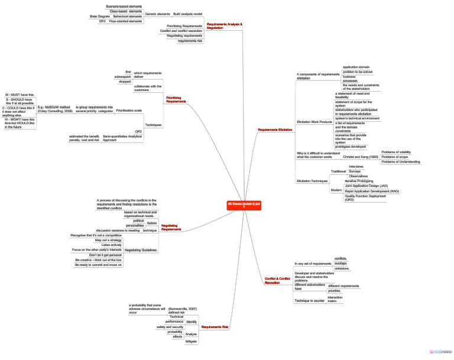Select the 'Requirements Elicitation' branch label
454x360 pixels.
pyautogui.click(x=275, y=129)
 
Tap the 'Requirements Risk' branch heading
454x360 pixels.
pyautogui.click(x=215, y=326)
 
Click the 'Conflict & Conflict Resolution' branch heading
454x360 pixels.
pyautogui.click(x=277, y=280)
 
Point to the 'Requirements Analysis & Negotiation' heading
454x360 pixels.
pyautogui.click(x=224, y=26)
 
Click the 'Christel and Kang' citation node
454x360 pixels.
pyautogui.click(x=360, y=157)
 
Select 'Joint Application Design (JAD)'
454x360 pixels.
pyautogui.click(x=366, y=186)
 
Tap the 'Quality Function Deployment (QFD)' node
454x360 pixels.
pyautogui.click(x=365, y=198)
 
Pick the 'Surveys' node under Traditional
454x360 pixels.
pyautogui.click(x=355, y=171)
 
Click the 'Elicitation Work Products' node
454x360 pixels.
pyautogui.click(x=314, y=121)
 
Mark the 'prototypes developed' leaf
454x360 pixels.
pyautogui.click(x=351, y=147)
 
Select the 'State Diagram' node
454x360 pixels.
pyautogui.click(x=99, y=16)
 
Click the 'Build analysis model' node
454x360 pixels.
pyautogui.click(x=187, y=13)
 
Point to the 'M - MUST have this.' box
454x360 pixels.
pyautogui.click(x=20, y=95)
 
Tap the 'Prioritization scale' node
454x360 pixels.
pyautogui.click(x=129, y=111)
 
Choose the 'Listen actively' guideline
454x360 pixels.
pyautogui.click(x=112, y=245)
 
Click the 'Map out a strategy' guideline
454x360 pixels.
pyautogui.click(x=108, y=240)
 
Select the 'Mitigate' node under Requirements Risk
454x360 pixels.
pyautogui.click(x=191, y=341)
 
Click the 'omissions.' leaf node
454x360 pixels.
pyautogui.click(x=342, y=268)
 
